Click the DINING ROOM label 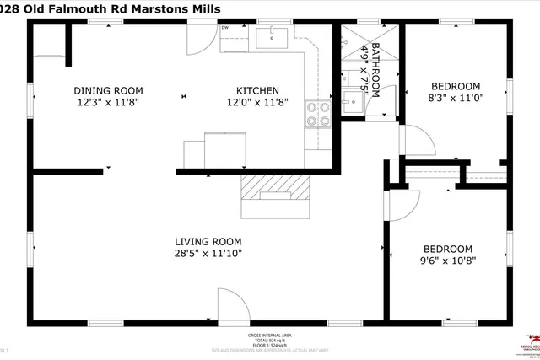coord(108,90)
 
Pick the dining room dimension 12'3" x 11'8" coord(108,102)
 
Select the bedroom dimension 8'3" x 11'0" coord(456,98)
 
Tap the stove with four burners coord(316,114)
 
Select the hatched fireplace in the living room coord(277,188)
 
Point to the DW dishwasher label coord(225,29)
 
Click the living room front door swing coord(232,305)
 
